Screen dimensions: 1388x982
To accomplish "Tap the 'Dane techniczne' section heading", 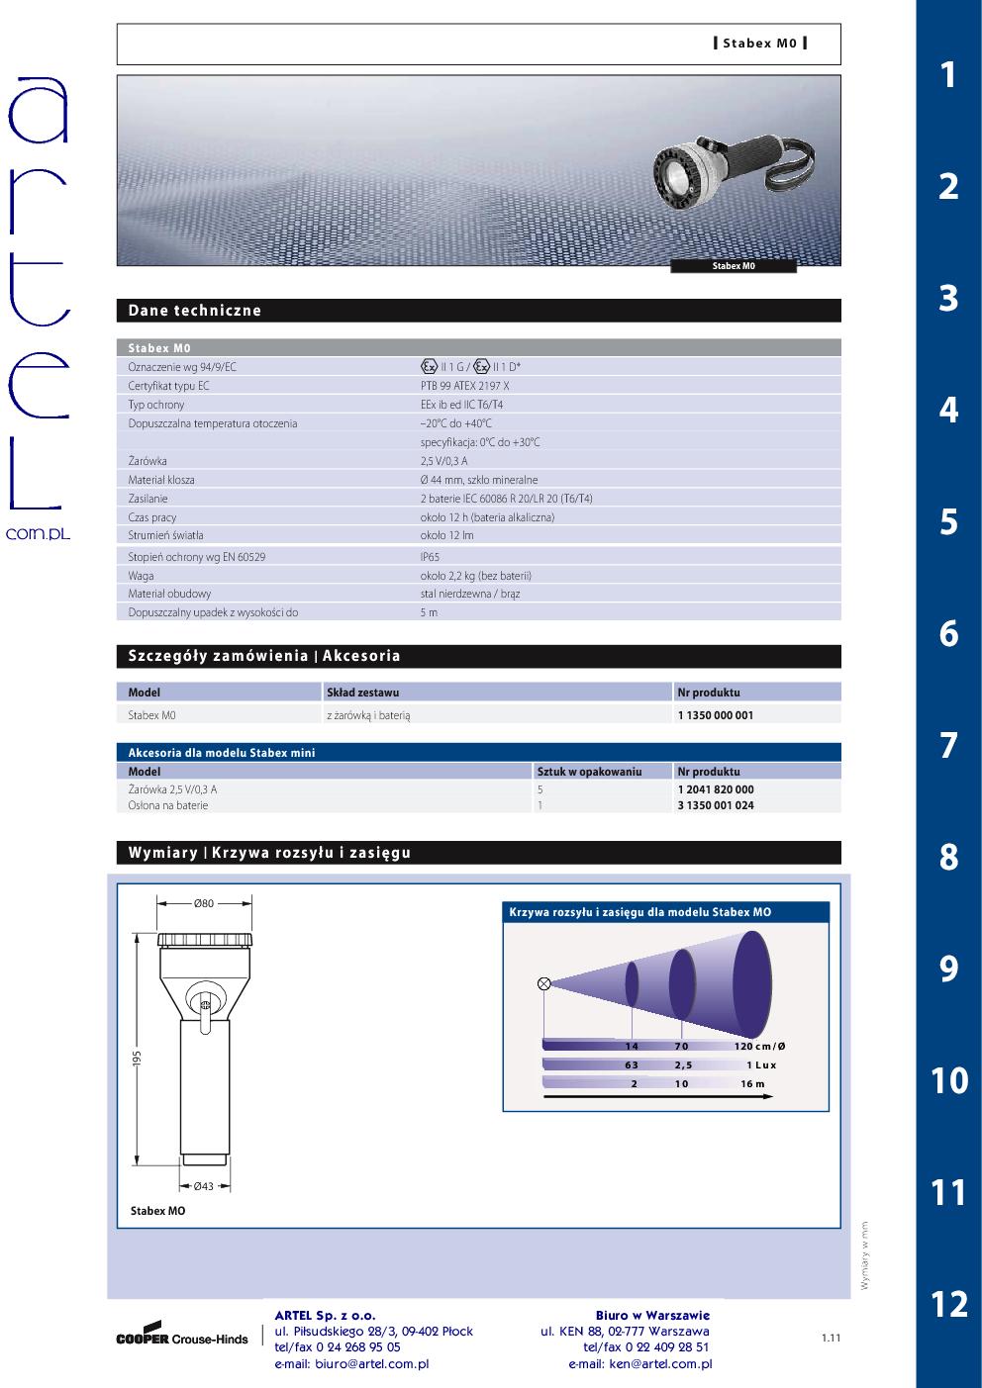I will (195, 311).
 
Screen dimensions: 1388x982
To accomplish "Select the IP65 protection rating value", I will (430, 557).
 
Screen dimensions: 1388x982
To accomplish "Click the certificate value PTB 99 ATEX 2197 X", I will (464, 386).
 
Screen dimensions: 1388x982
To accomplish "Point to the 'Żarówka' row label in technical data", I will (147, 461).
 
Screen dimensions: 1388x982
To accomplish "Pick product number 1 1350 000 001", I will (715, 715).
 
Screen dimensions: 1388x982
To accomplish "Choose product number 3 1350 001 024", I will (715, 805).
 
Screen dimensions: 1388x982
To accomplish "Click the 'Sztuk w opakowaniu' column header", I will (589, 772).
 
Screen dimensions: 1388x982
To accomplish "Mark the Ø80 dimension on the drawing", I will (204, 902).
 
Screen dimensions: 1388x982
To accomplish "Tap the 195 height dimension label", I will (138, 1059).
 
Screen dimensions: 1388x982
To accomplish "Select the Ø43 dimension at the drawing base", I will (204, 1186).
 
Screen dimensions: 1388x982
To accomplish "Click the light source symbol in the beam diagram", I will (543, 983).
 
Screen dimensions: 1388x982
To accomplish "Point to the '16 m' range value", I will (752, 1084).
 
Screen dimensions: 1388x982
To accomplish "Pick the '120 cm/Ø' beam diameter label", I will (759, 1047).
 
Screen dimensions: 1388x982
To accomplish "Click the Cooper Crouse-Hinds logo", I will (182, 1336).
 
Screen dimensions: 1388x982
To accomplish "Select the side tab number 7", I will (948, 745).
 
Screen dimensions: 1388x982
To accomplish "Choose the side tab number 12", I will (948, 1304).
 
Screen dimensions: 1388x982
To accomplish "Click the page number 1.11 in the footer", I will (831, 1339).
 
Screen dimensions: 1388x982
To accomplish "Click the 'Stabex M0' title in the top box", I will (759, 44).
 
